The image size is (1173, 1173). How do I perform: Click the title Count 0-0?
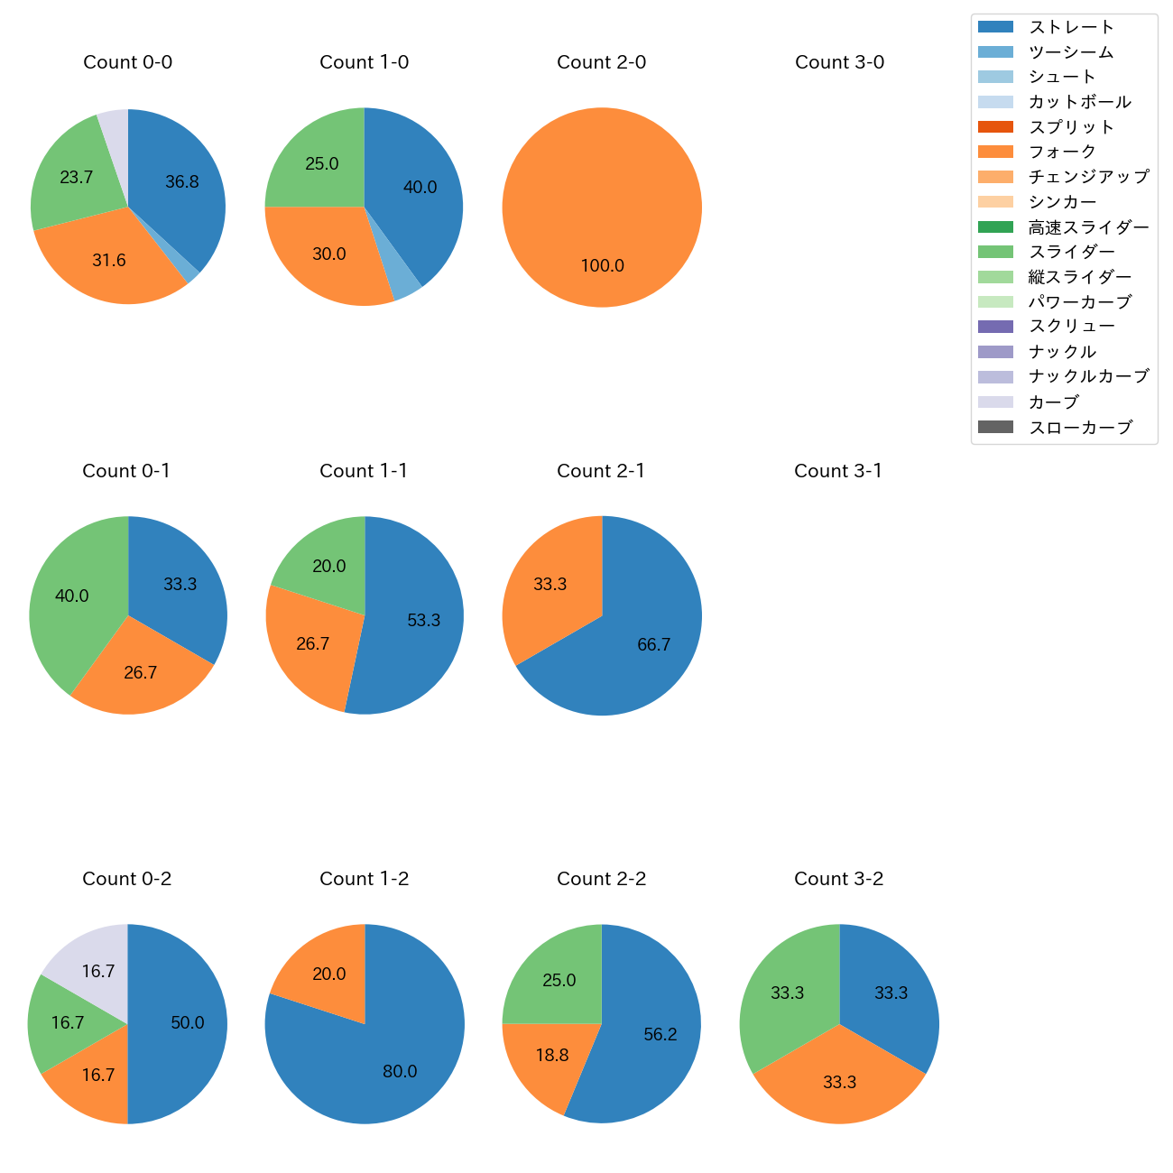127,62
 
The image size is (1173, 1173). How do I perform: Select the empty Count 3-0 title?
839,62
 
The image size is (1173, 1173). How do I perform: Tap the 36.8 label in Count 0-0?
182,181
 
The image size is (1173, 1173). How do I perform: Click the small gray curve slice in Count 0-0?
115,125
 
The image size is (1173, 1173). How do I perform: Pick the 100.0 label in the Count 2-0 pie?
602,265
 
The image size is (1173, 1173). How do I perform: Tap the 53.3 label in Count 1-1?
423,620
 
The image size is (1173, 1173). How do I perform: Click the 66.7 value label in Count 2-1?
653,644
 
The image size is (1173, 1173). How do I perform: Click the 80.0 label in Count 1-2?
400,1071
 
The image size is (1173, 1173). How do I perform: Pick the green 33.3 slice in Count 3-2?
785,993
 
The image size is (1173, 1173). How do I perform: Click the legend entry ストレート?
1071,27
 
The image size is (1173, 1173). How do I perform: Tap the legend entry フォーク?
1062,152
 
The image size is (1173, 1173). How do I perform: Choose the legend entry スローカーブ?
1080,428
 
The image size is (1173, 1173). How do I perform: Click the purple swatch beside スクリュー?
995,327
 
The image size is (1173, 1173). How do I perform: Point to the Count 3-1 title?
838,471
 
